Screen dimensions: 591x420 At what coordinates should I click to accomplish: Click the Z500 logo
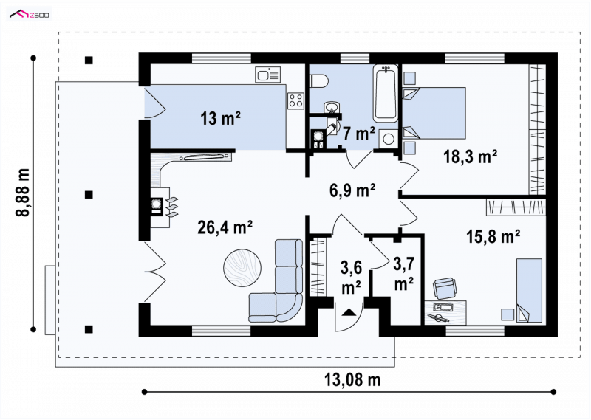click(30, 15)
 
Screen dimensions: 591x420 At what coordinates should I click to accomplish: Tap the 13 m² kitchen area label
click(220, 119)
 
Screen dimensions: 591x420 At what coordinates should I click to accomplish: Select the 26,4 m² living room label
click(225, 227)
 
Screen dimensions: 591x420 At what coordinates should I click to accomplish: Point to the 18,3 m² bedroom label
click(470, 156)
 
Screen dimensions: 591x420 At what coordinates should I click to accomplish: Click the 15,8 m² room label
click(493, 236)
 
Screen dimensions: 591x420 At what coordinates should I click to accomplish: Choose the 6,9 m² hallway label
click(352, 190)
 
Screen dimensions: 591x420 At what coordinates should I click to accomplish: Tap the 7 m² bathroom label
click(358, 134)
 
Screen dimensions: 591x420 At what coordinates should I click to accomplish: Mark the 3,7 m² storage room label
click(403, 273)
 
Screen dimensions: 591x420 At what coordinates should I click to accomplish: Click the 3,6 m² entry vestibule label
click(352, 278)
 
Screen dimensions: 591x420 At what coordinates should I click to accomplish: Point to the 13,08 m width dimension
click(352, 379)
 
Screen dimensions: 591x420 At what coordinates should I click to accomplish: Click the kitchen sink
click(267, 75)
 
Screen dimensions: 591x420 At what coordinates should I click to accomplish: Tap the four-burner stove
click(295, 100)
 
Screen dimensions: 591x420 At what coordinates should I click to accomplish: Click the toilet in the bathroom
click(319, 80)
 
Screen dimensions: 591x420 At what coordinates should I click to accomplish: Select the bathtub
click(386, 93)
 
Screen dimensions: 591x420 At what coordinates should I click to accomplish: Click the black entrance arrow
click(348, 311)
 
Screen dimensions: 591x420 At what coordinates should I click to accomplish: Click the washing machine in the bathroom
click(387, 139)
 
